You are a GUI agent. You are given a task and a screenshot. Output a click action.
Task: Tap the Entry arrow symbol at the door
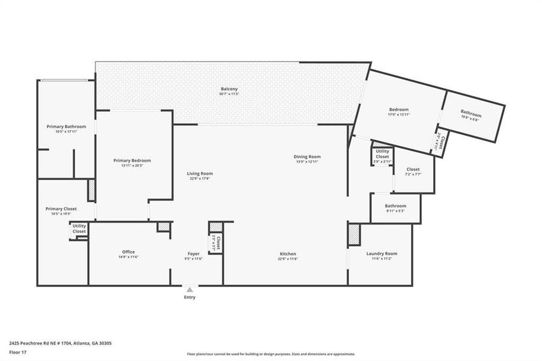coord(189,289)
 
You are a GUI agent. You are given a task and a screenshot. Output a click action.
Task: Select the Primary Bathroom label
coord(66,126)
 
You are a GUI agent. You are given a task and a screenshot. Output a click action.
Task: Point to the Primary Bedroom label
coord(132,161)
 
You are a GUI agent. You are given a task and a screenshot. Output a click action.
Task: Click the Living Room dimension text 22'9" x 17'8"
coord(200,179)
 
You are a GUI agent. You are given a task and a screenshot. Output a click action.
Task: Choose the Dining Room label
coord(307,156)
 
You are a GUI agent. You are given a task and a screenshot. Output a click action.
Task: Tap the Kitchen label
coord(288,254)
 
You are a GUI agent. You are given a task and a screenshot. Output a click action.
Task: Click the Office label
coord(128,252)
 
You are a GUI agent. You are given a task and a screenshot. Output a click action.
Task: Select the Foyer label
coord(193,254)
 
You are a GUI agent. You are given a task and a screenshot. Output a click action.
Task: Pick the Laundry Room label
coord(381,253)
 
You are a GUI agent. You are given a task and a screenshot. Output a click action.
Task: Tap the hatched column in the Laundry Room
coord(354,235)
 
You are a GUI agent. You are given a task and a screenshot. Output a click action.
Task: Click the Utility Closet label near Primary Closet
coord(79,229)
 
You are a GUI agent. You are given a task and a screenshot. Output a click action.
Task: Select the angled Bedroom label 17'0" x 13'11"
coord(399,110)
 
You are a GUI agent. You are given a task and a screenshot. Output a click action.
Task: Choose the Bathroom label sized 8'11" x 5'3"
coord(396,206)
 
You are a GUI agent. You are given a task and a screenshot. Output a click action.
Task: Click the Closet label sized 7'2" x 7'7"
coord(413,170)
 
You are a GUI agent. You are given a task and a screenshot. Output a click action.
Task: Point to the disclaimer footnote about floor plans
coord(271,354)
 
